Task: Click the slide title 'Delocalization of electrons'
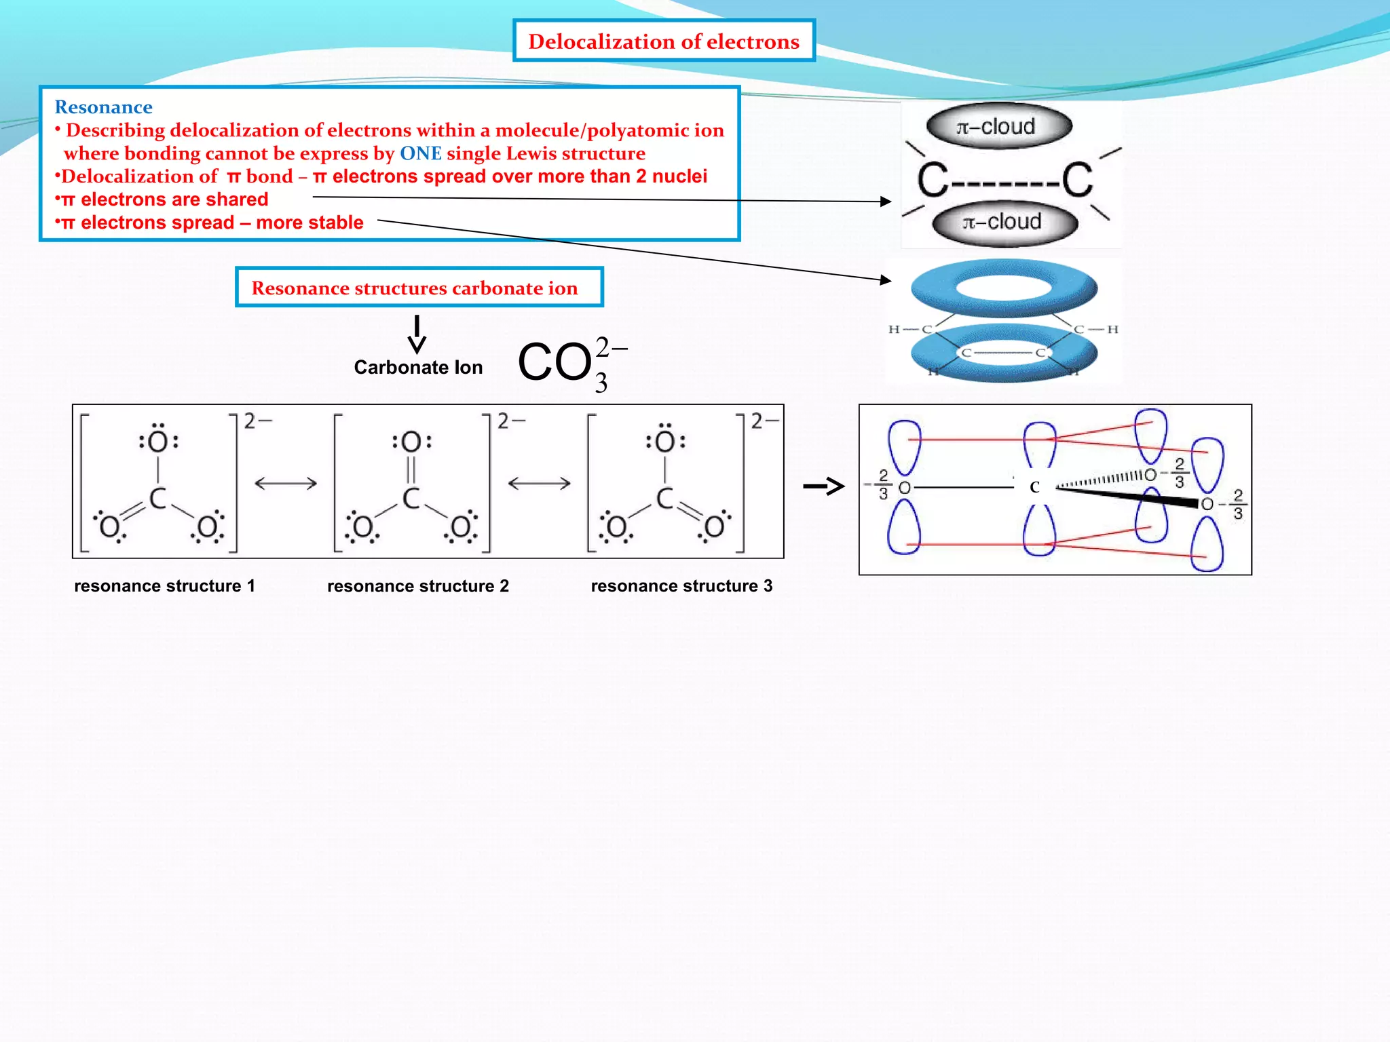(663, 41)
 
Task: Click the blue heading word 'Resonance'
(103, 107)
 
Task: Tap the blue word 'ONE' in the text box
(420, 153)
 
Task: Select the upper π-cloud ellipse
(998, 127)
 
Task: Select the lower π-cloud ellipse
(1004, 223)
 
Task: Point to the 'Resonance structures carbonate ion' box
(418, 288)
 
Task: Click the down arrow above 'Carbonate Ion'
(417, 334)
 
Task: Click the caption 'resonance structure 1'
(164, 586)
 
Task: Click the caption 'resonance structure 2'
(417, 586)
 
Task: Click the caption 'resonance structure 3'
(681, 586)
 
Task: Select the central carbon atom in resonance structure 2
(411, 499)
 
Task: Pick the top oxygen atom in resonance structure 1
(158, 442)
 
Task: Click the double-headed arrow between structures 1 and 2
(286, 484)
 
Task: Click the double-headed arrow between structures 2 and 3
(540, 484)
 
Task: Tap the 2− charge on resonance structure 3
(764, 421)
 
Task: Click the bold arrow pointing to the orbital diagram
(823, 486)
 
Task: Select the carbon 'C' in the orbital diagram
(1034, 487)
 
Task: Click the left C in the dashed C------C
(932, 180)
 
